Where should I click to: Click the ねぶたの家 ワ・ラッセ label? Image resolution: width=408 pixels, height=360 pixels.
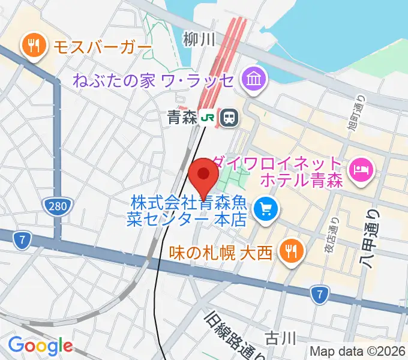pos(154,79)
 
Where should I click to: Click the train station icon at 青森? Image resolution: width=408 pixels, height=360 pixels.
pos(228,118)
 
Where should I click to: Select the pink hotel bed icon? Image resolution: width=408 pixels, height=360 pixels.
pos(361,171)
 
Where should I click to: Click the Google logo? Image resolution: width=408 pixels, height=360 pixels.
pos(40,345)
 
